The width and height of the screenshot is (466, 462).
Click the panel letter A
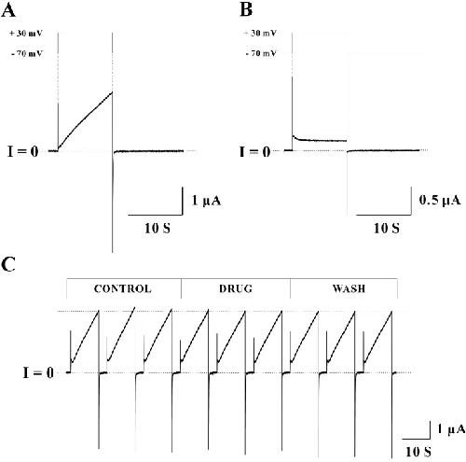tap(8, 10)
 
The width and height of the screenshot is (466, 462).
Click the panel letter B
tap(246, 10)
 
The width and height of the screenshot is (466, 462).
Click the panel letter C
tap(8, 265)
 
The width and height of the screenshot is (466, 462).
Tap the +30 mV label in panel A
tap(26, 34)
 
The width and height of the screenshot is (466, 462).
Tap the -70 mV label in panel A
tap(27, 54)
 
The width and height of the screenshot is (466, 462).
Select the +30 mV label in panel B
tap(260, 33)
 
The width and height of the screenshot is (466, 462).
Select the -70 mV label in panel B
tap(261, 53)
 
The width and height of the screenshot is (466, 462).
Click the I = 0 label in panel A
tap(23, 151)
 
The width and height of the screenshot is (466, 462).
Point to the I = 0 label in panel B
tap(254, 151)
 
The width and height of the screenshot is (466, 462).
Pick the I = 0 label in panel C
tap(38, 372)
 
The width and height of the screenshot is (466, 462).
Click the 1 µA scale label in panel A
tap(206, 201)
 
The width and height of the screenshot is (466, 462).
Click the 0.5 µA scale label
tap(440, 200)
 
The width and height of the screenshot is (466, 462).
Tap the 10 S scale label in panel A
tap(158, 229)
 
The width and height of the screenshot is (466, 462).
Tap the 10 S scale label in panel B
tap(386, 229)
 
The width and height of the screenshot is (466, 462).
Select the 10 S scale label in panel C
tap(418, 452)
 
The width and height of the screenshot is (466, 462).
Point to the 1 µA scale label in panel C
tap(451, 429)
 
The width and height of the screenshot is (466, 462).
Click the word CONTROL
tap(123, 288)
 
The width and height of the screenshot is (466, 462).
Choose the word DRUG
tap(236, 288)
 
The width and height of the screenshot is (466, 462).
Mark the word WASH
tap(349, 288)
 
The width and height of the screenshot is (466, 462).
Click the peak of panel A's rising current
tap(112, 92)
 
